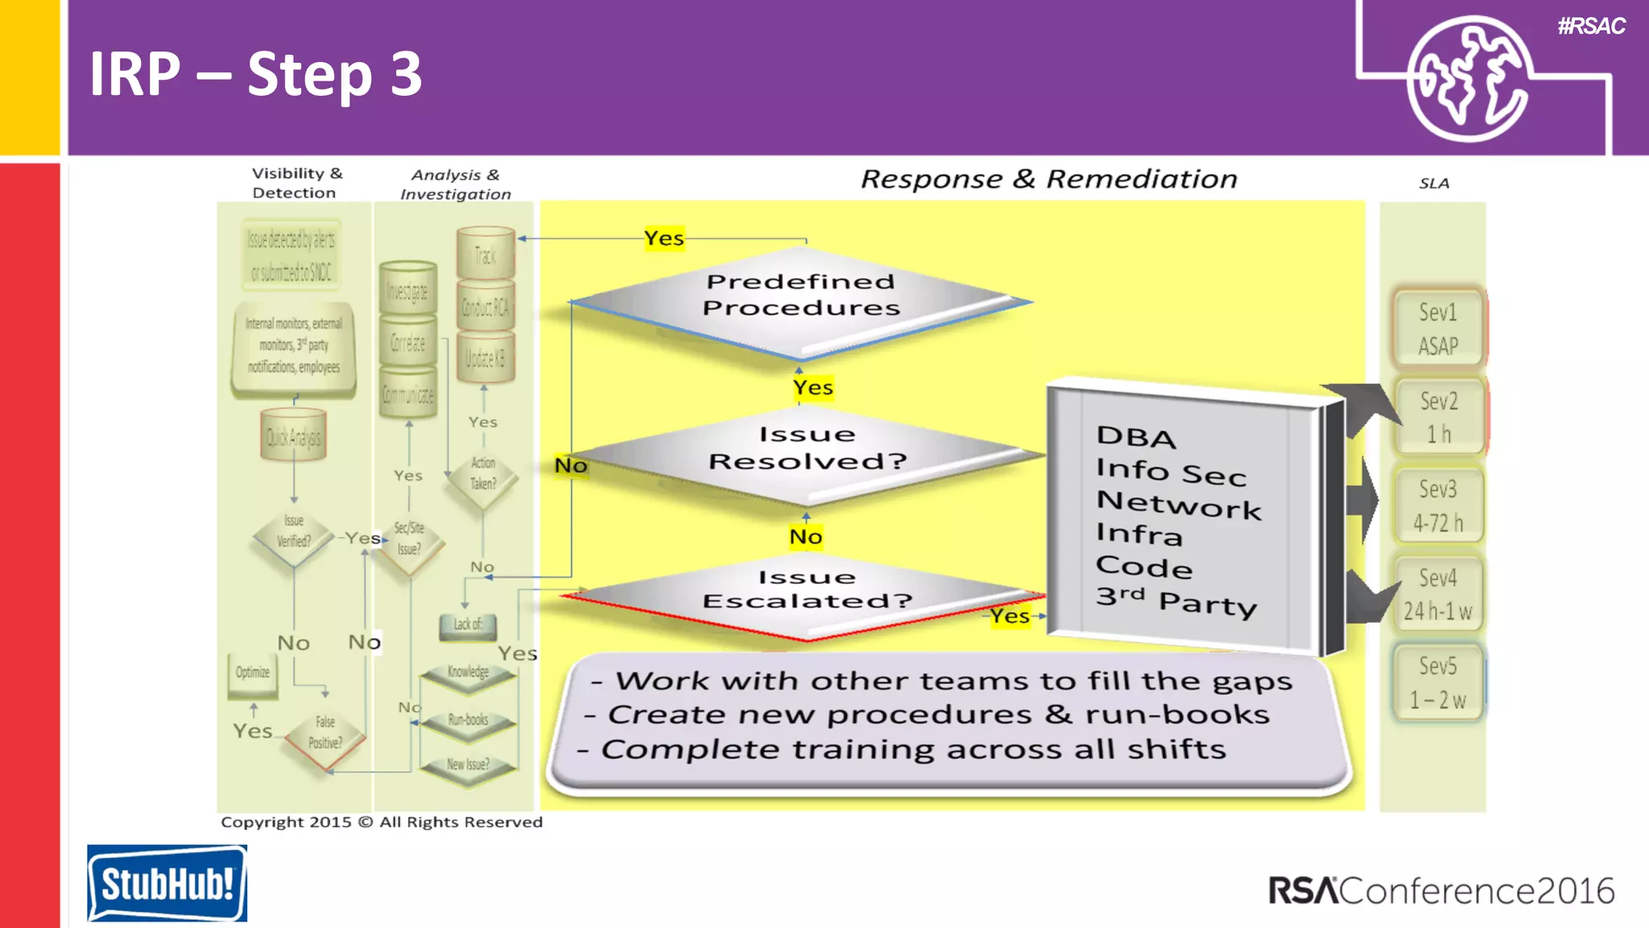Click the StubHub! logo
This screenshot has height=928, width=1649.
coord(167,883)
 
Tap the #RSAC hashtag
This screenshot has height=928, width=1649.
coord(1591,27)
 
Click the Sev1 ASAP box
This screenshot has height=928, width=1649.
coord(1438,329)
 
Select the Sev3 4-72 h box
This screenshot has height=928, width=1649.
coord(1438,506)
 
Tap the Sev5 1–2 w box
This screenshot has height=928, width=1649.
coord(1438,682)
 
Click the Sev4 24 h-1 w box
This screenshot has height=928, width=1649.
coord(1438,594)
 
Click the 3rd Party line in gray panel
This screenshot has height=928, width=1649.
coord(1176,601)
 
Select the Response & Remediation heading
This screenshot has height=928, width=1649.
coord(1048,179)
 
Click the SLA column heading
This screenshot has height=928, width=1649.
coord(1434,184)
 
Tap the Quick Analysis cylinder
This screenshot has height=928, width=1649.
coord(293,437)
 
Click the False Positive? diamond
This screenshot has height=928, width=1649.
coord(325,732)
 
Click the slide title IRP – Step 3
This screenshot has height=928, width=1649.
coord(255,74)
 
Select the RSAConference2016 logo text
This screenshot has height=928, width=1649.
coord(1441,891)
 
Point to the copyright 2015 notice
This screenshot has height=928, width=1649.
coord(382,822)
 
